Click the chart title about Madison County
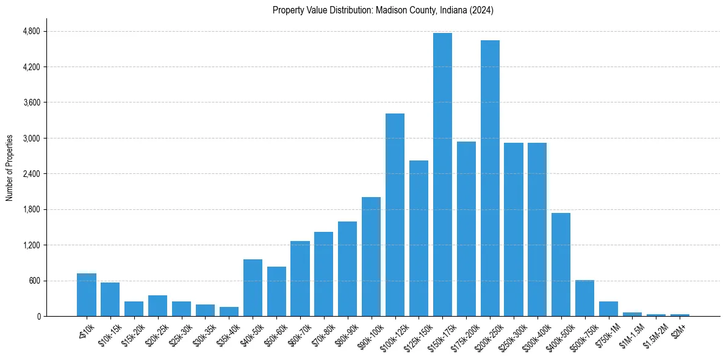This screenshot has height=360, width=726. click(383, 10)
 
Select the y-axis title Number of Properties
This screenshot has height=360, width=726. click(10, 167)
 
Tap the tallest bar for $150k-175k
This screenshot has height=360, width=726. click(442, 175)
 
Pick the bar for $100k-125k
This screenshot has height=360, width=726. click(395, 215)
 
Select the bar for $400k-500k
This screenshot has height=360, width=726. click(561, 264)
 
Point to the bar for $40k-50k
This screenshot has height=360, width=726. click(253, 287)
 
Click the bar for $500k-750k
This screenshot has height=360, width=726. click(584, 298)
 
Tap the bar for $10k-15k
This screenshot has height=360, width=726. click(110, 299)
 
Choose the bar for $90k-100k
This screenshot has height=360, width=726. click(371, 256)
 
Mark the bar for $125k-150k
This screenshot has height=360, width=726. click(419, 238)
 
